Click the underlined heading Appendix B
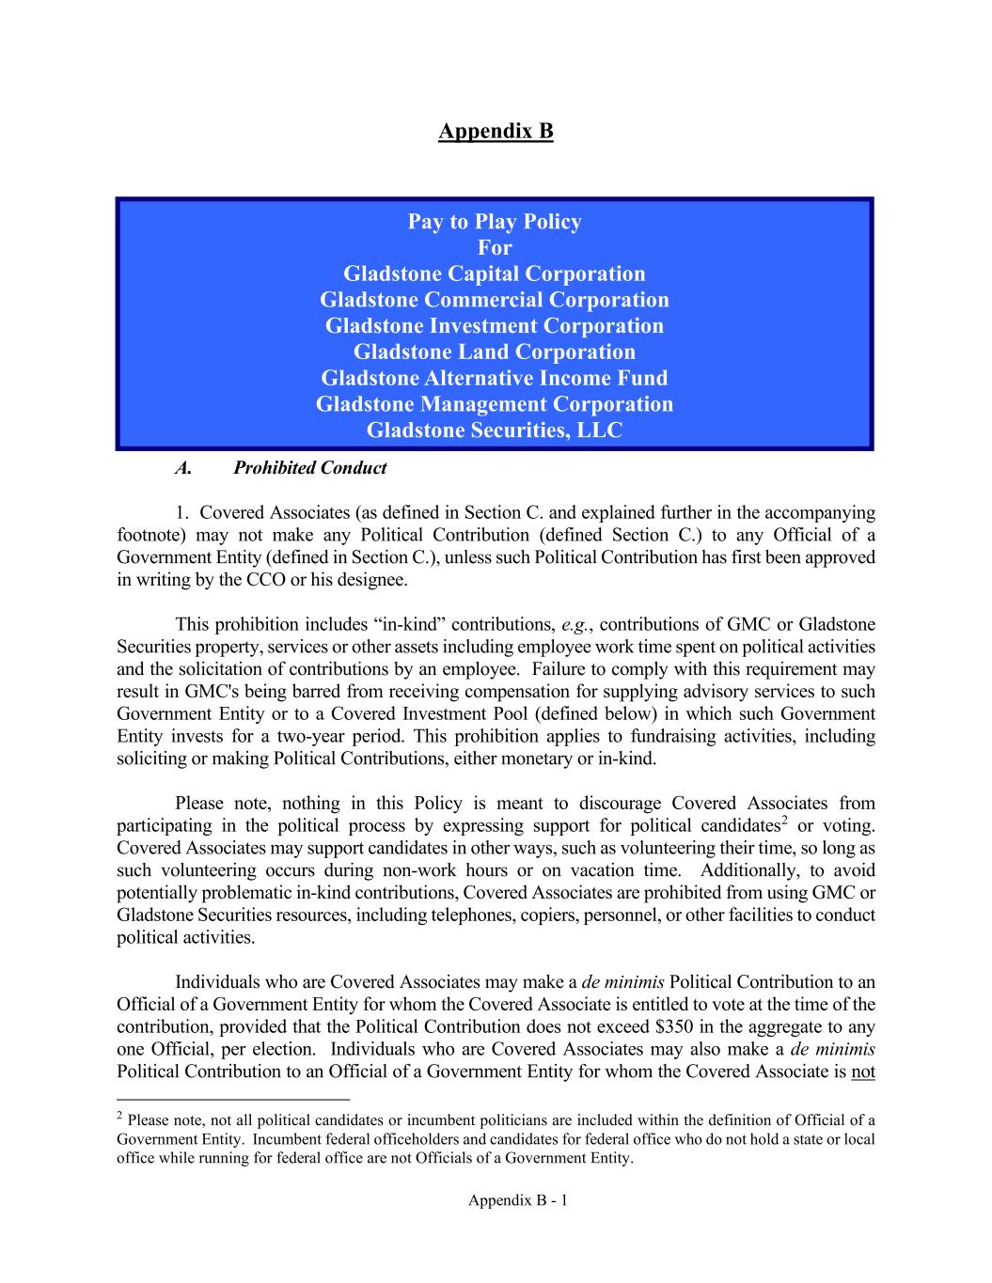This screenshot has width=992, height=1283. pyautogui.click(x=496, y=131)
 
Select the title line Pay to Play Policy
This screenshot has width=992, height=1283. pyautogui.click(x=495, y=222)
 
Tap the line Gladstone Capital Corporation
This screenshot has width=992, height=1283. pyautogui.click(x=495, y=274)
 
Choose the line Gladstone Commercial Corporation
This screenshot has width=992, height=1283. pyautogui.click(x=495, y=300)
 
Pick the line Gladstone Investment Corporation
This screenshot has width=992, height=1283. pyautogui.click(x=495, y=326)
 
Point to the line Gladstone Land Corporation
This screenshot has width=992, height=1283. pyautogui.click(x=495, y=352)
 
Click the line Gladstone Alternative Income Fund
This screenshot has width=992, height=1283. pyautogui.click(x=495, y=378)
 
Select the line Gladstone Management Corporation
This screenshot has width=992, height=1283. pyautogui.click(x=495, y=404)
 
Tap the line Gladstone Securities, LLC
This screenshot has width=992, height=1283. pyautogui.click(x=495, y=430)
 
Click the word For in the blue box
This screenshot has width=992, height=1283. pyautogui.click(x=495, y=248)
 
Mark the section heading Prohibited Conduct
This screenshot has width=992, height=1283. pyautogui.click(x=309, y=468)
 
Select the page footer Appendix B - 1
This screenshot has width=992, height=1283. pyautogui.click(x=518, y=1200)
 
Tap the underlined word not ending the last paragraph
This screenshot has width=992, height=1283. pyautogui.click(x=863, y=1072)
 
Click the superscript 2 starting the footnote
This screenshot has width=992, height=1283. pyautogui.click(x=119, y=1116)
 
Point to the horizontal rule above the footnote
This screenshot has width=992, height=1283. pyautogui.click(x=232, y=1099)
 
